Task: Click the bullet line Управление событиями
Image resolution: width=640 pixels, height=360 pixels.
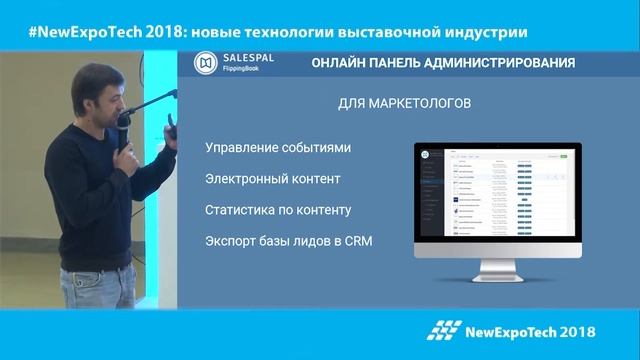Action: [278, 148]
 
